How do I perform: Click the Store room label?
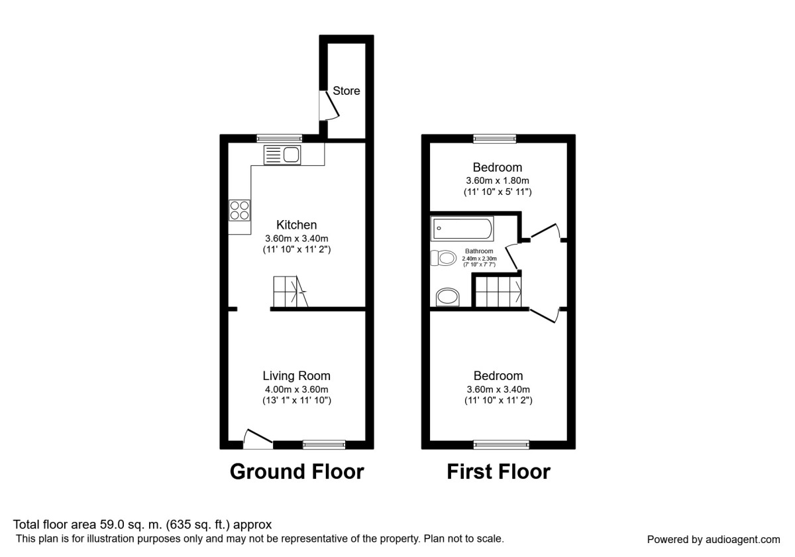coord(346,91)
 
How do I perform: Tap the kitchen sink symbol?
coord(282,155)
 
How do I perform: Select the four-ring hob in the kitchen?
coord(239,210)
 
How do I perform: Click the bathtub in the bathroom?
coord(462,229)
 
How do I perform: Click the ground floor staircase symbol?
coord(290,292)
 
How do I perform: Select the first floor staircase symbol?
coord(498,292)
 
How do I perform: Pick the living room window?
coord(324,444)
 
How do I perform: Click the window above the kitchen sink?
coord(280,138)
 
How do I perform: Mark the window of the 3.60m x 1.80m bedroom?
coord(495,138)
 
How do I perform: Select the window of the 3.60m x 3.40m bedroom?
coord(502,444)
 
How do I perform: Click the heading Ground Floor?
coord(296,471)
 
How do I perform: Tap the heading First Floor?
coord(498,471)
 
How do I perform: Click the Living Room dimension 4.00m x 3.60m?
coord(296,389)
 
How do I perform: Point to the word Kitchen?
coord(296,225)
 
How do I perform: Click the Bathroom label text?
coord(479,251)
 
